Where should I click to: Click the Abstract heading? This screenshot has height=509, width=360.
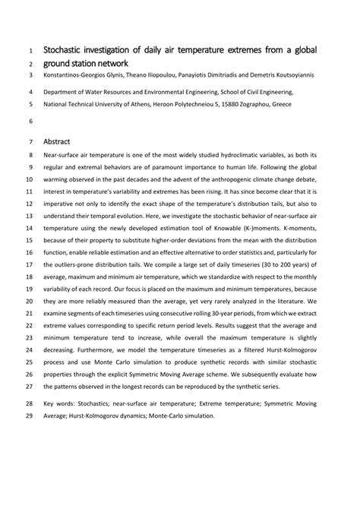click(x=58, y=141)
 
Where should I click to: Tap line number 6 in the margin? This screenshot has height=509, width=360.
click(x=30, y=121)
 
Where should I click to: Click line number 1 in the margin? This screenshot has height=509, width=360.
click(x=30, y=50)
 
